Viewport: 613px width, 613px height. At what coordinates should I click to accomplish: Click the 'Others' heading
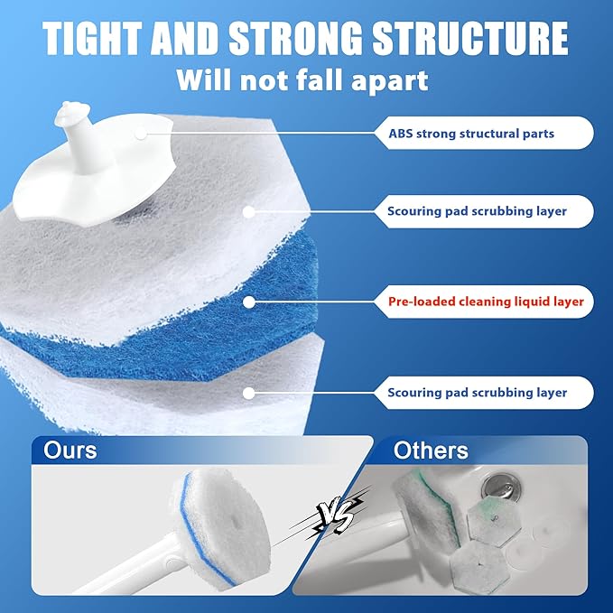pos(431,450)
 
